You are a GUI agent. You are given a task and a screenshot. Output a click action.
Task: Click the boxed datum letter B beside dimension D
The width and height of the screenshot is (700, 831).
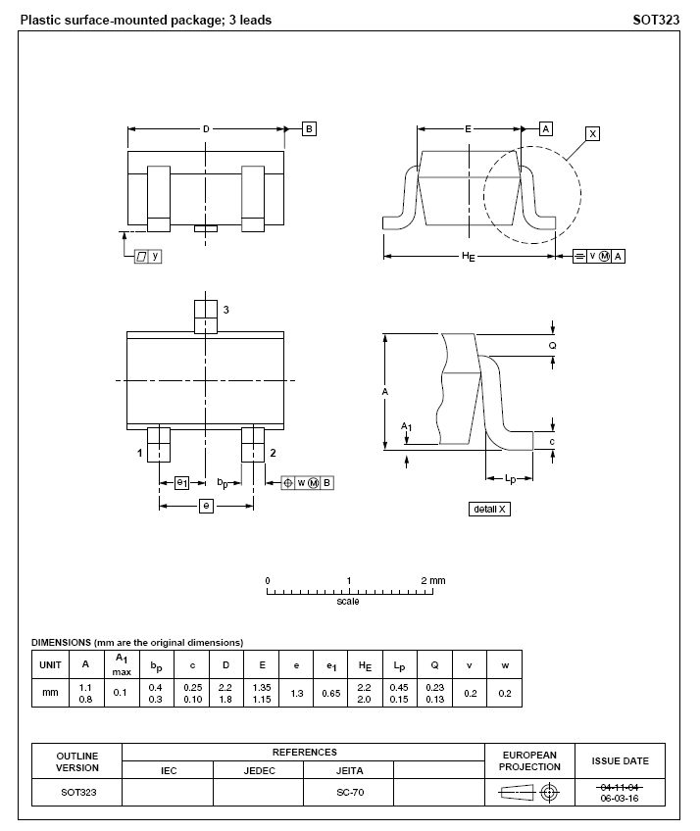309,128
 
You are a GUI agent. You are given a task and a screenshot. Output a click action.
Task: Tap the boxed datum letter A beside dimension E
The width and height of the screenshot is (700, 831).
546,128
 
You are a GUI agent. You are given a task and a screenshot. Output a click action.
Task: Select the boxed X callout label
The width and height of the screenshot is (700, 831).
593,133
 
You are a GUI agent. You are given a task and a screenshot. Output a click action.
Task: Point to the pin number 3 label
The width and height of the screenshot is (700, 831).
225,310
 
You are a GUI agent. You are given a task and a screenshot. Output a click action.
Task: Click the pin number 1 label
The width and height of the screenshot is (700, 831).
140,453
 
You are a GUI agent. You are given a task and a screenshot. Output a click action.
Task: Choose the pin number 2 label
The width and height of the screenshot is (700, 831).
272,453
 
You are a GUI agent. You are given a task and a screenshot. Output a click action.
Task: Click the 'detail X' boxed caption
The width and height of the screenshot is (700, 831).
490,509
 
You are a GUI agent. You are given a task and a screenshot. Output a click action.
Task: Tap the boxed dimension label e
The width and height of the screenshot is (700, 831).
206,506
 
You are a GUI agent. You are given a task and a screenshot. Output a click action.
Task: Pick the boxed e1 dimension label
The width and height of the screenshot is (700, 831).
182,482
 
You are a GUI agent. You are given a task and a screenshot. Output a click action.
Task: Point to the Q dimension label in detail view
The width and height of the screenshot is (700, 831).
552,346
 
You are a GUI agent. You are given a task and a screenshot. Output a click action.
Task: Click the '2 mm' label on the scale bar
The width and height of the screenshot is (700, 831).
432,580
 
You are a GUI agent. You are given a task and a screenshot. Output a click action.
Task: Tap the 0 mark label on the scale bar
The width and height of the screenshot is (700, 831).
268,580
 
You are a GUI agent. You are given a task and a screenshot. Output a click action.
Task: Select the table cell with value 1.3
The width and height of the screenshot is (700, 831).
296,692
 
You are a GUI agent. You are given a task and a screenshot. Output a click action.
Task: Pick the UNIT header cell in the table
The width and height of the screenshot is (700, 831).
50,664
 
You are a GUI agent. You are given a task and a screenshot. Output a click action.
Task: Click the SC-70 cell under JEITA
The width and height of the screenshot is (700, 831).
349,792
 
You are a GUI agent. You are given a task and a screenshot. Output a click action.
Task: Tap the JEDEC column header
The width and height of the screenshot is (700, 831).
259,770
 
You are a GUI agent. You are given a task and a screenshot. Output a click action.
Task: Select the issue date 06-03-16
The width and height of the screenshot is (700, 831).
620,798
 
